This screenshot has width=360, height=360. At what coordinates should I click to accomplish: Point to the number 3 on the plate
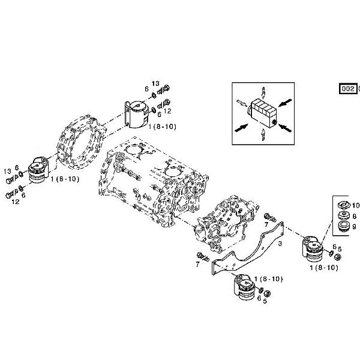(x=280, y=244)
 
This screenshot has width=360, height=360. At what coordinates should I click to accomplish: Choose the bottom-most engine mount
(x=246, y=289)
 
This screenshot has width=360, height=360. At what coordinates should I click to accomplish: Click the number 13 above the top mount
(x=155, y=84)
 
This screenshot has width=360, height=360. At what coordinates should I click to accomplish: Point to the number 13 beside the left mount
(x=7, y=172)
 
